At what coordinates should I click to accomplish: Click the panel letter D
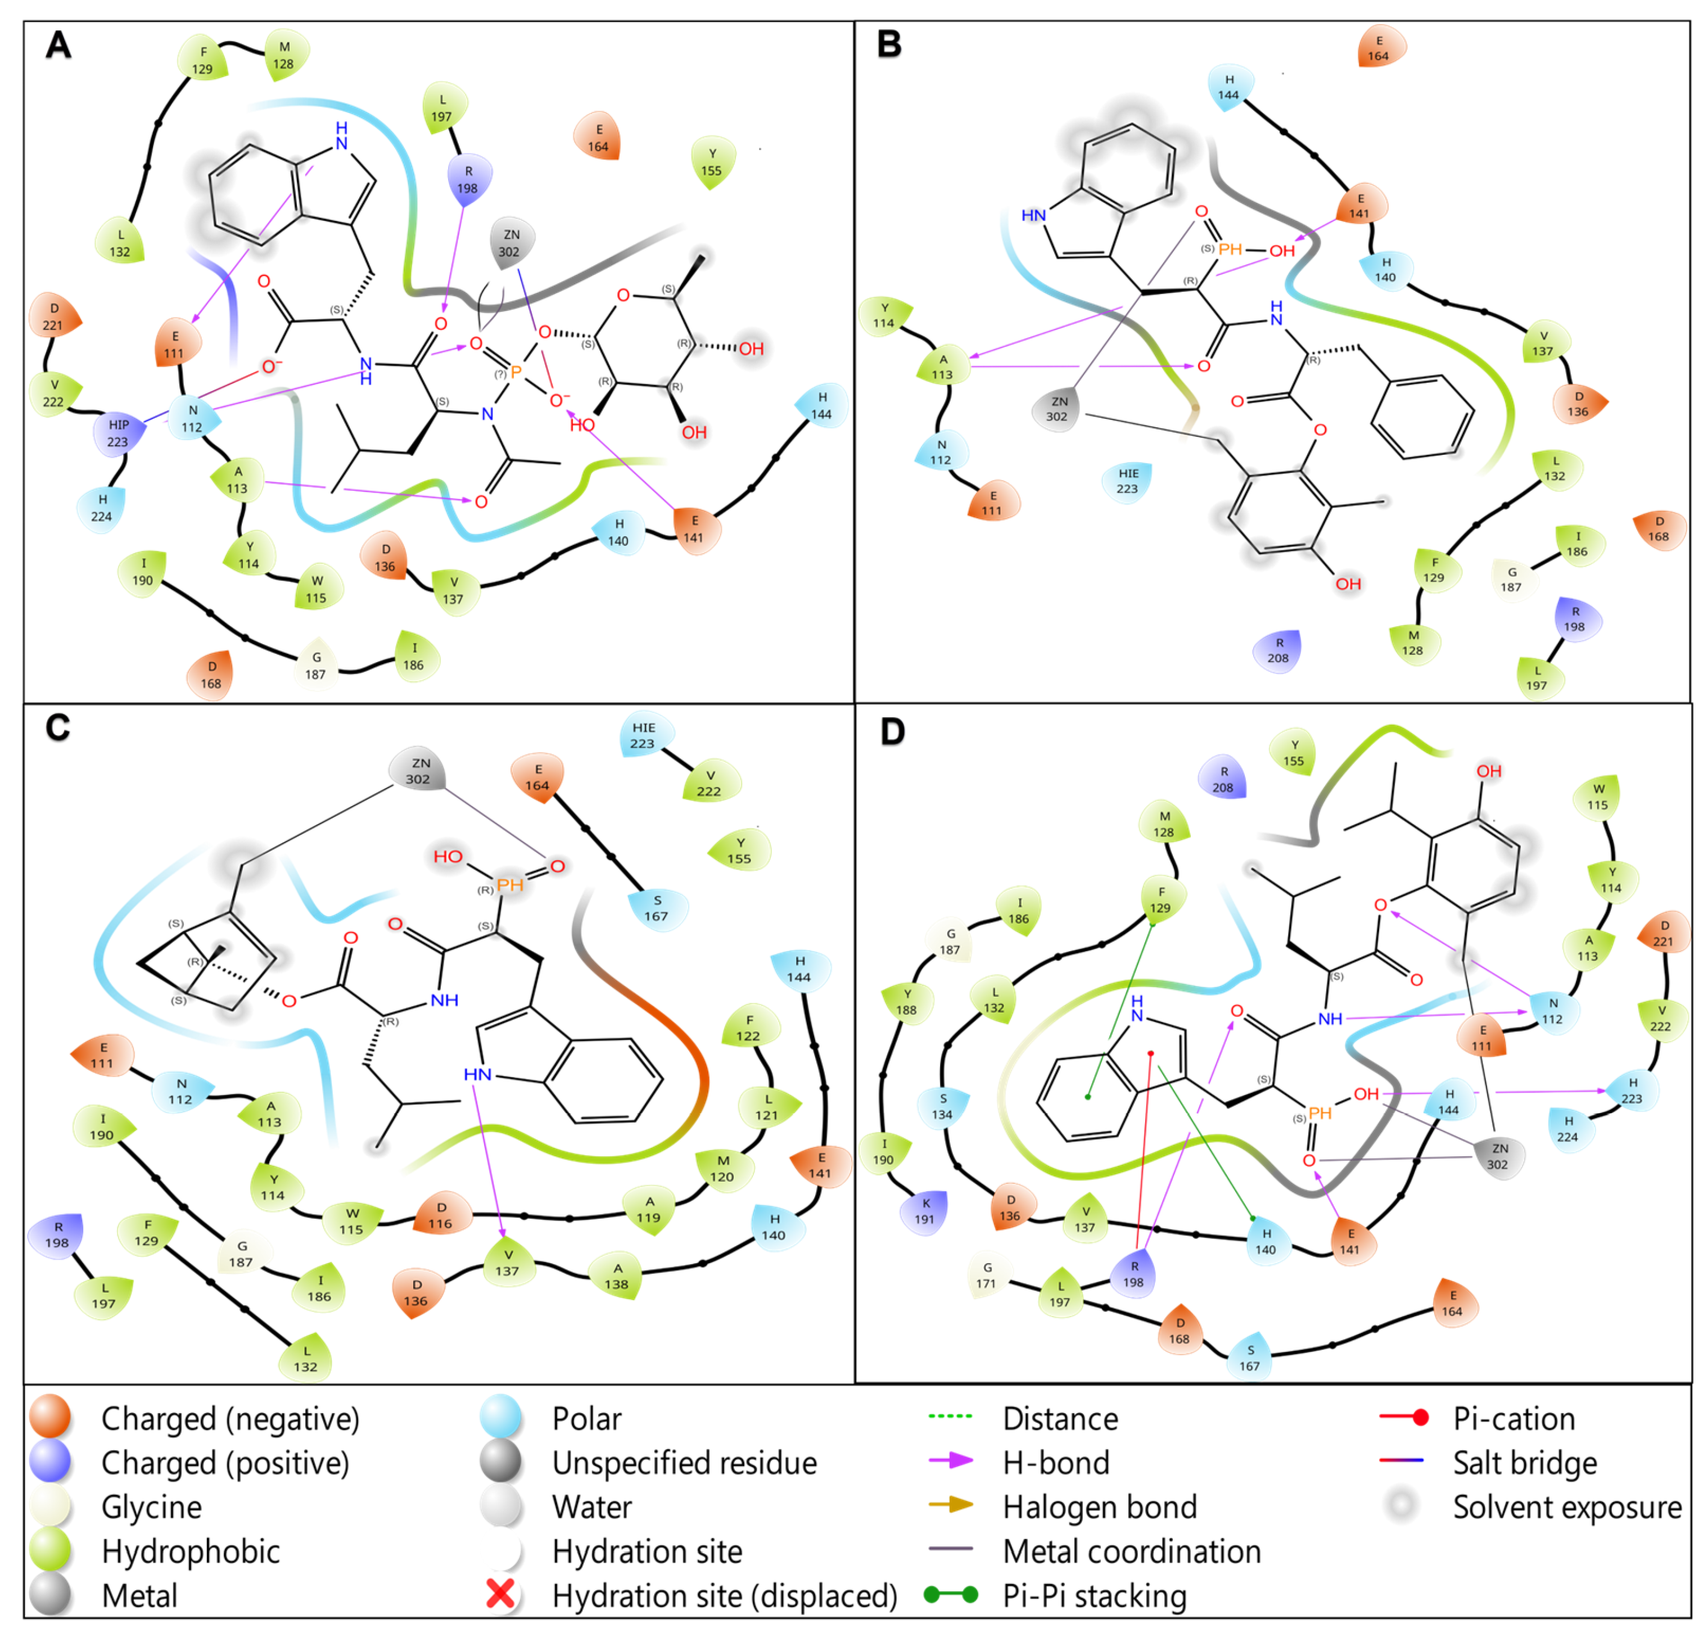pos(892,731)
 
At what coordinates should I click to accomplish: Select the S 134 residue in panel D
pos(942,1106)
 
